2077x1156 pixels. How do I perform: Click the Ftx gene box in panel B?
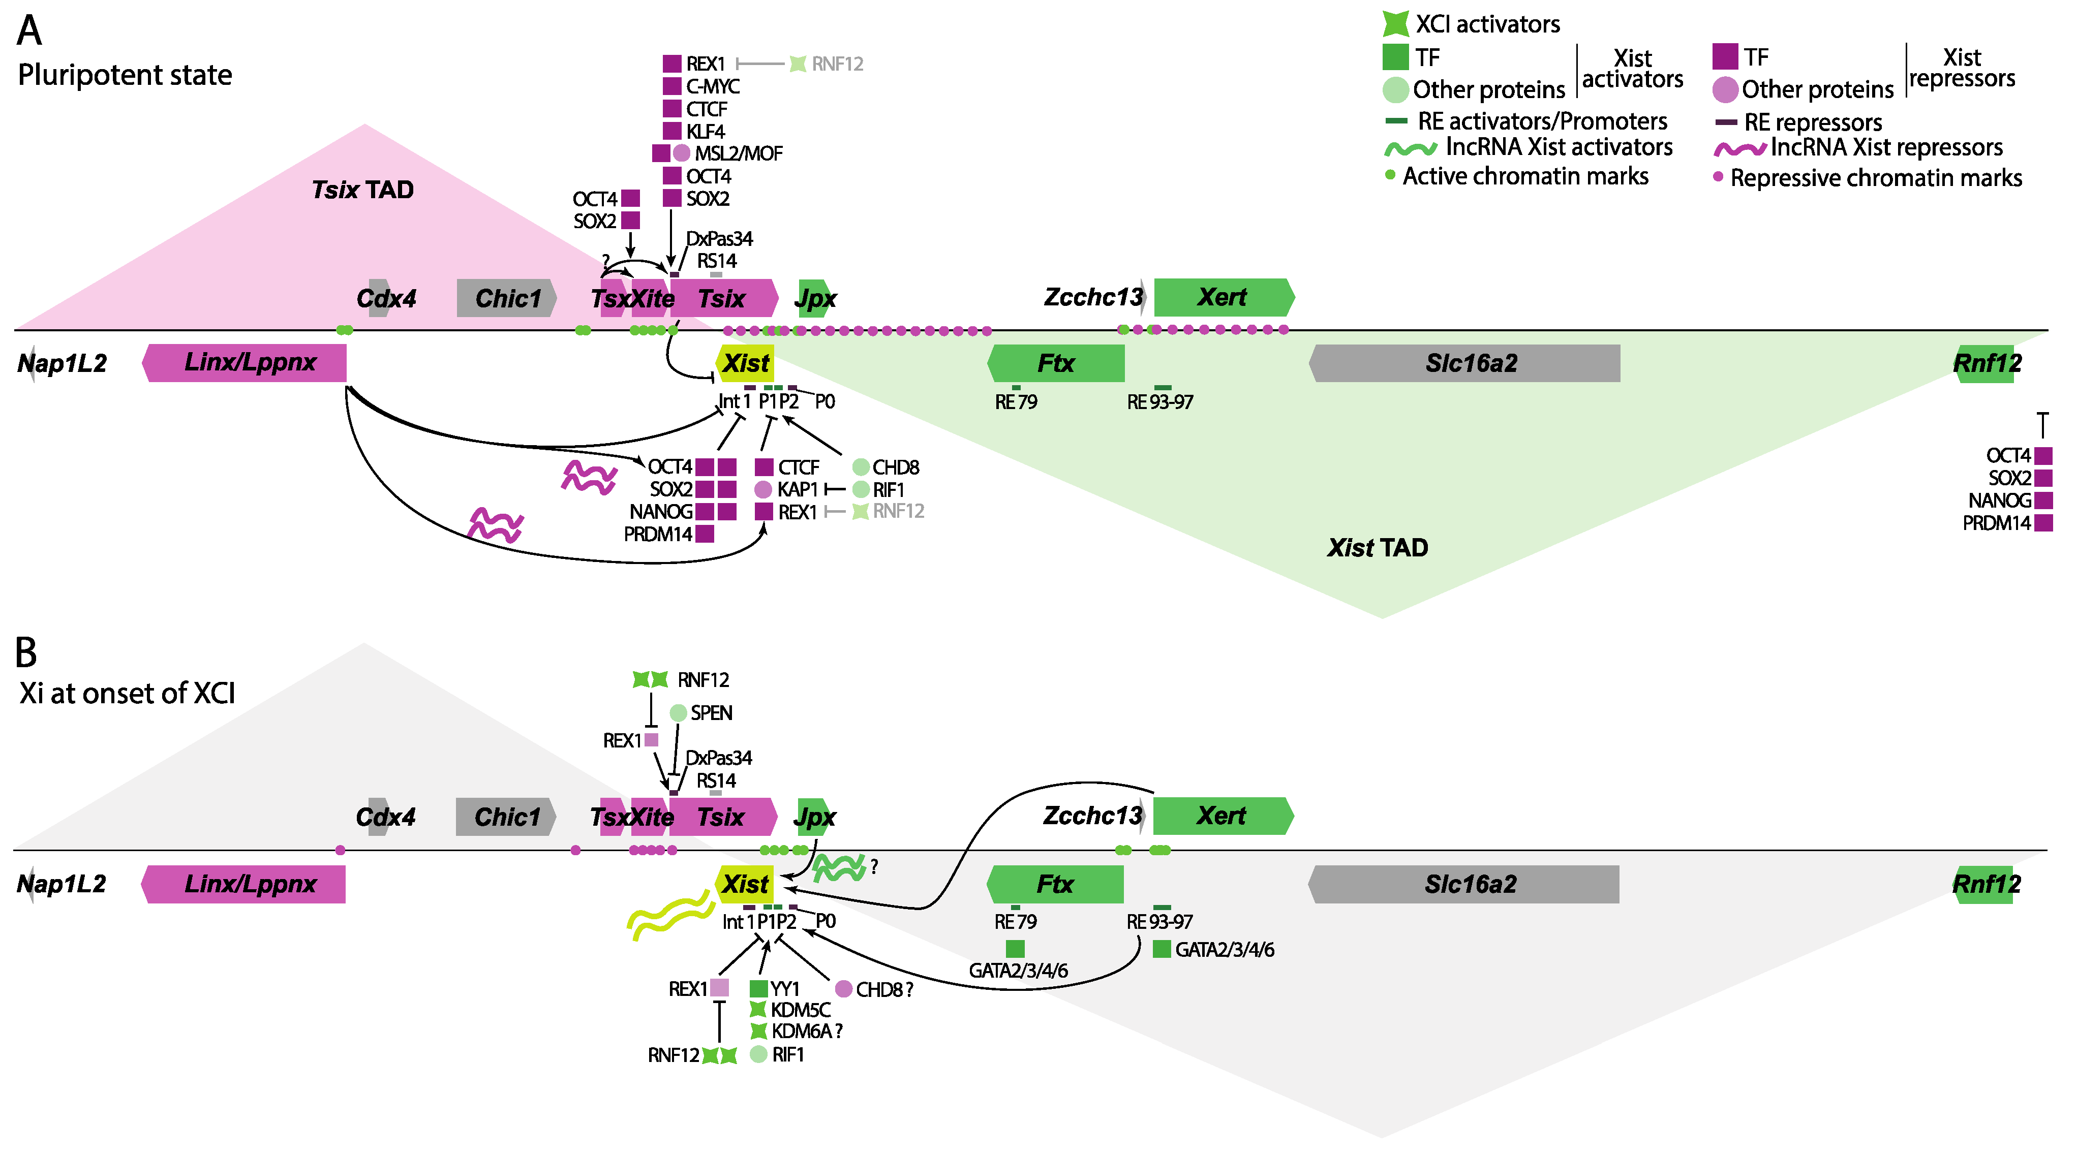pos(1055,884)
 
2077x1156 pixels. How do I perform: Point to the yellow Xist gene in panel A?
pos(745,363)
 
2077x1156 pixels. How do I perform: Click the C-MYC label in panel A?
pos(712,86)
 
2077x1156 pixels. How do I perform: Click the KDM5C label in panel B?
pos(800,1009)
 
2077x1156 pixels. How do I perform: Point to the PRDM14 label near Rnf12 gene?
pos(1996,523)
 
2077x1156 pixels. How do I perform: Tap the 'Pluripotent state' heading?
pos(125,75)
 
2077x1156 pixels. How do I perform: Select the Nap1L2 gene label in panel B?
pos(62,884)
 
